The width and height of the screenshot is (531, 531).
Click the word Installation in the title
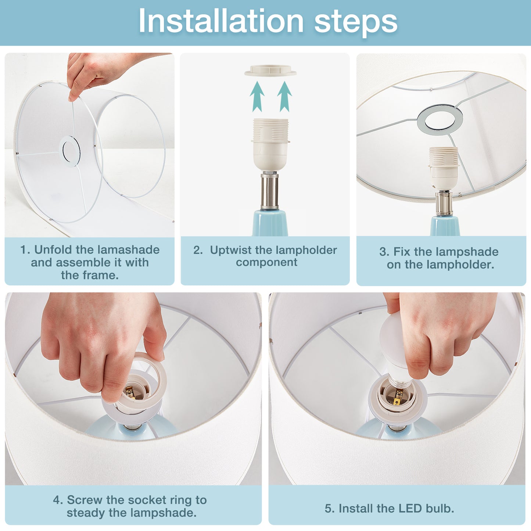coord(221,21)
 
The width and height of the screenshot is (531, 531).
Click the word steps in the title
coord(356,22)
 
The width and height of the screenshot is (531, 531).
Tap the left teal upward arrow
coord(257,96)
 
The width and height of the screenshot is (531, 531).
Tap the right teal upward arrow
coord(284,96)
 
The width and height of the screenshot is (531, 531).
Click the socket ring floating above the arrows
coord(270,71)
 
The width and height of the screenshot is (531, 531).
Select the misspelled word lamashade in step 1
coord(128,250)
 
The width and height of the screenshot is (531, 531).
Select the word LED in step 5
coord(410,509)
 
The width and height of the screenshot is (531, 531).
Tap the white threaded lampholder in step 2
coord(270,144)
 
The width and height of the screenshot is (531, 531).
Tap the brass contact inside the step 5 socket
coord(396,402)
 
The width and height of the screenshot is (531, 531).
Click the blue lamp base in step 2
coord(270,223)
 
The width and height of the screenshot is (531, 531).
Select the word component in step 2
coord(266,263)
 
